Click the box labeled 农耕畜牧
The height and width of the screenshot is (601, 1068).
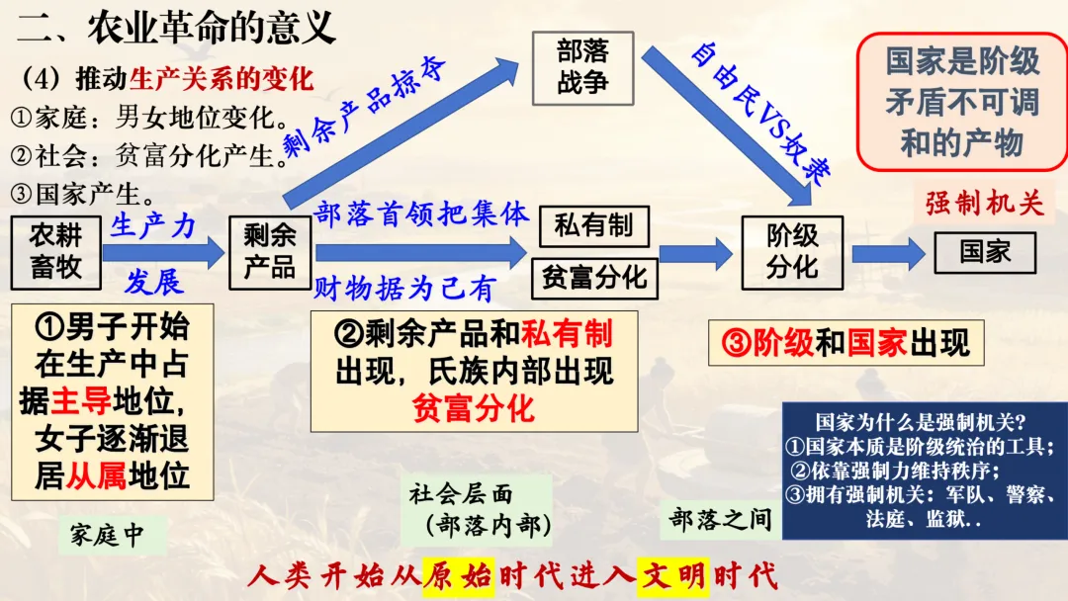(x=55, y=251)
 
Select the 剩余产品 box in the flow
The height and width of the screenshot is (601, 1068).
(x=269, y=251)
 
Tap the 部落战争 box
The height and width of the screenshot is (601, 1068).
(x=582, y=66)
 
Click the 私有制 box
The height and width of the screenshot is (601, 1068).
(x=593, y=226)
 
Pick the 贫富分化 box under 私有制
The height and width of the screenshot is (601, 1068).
(x=593, y=277)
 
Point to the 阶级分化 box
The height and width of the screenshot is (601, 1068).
(x=792, y=251)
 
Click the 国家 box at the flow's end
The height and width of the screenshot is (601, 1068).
(x=984, y=252)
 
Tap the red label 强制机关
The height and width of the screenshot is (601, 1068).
(x=984, y=204)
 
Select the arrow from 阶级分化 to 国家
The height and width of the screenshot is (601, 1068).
(x=887, y=253)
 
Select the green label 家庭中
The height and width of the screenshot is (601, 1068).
(x=107, y=535)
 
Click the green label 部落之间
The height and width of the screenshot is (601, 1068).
(x=719, y=519)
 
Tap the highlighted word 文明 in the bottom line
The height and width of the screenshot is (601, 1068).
(x=672, y=575)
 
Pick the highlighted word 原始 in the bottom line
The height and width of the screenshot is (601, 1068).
(x=457, y=575)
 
